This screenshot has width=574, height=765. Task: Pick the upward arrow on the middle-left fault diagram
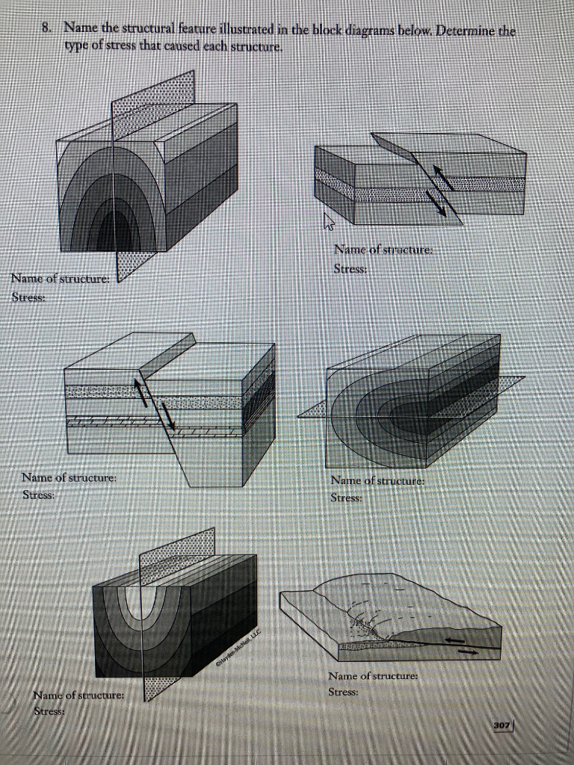click(x=140, y=390)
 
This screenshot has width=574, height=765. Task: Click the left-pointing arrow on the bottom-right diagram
click(x=454, y=640)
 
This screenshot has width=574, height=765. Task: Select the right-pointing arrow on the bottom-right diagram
click(x=468, y=651)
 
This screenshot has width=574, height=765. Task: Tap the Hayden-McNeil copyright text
click(x=237, y=644)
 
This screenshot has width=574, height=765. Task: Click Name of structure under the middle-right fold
click(x=377, y=482)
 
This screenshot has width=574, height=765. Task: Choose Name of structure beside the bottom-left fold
click(x=78, y=696)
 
